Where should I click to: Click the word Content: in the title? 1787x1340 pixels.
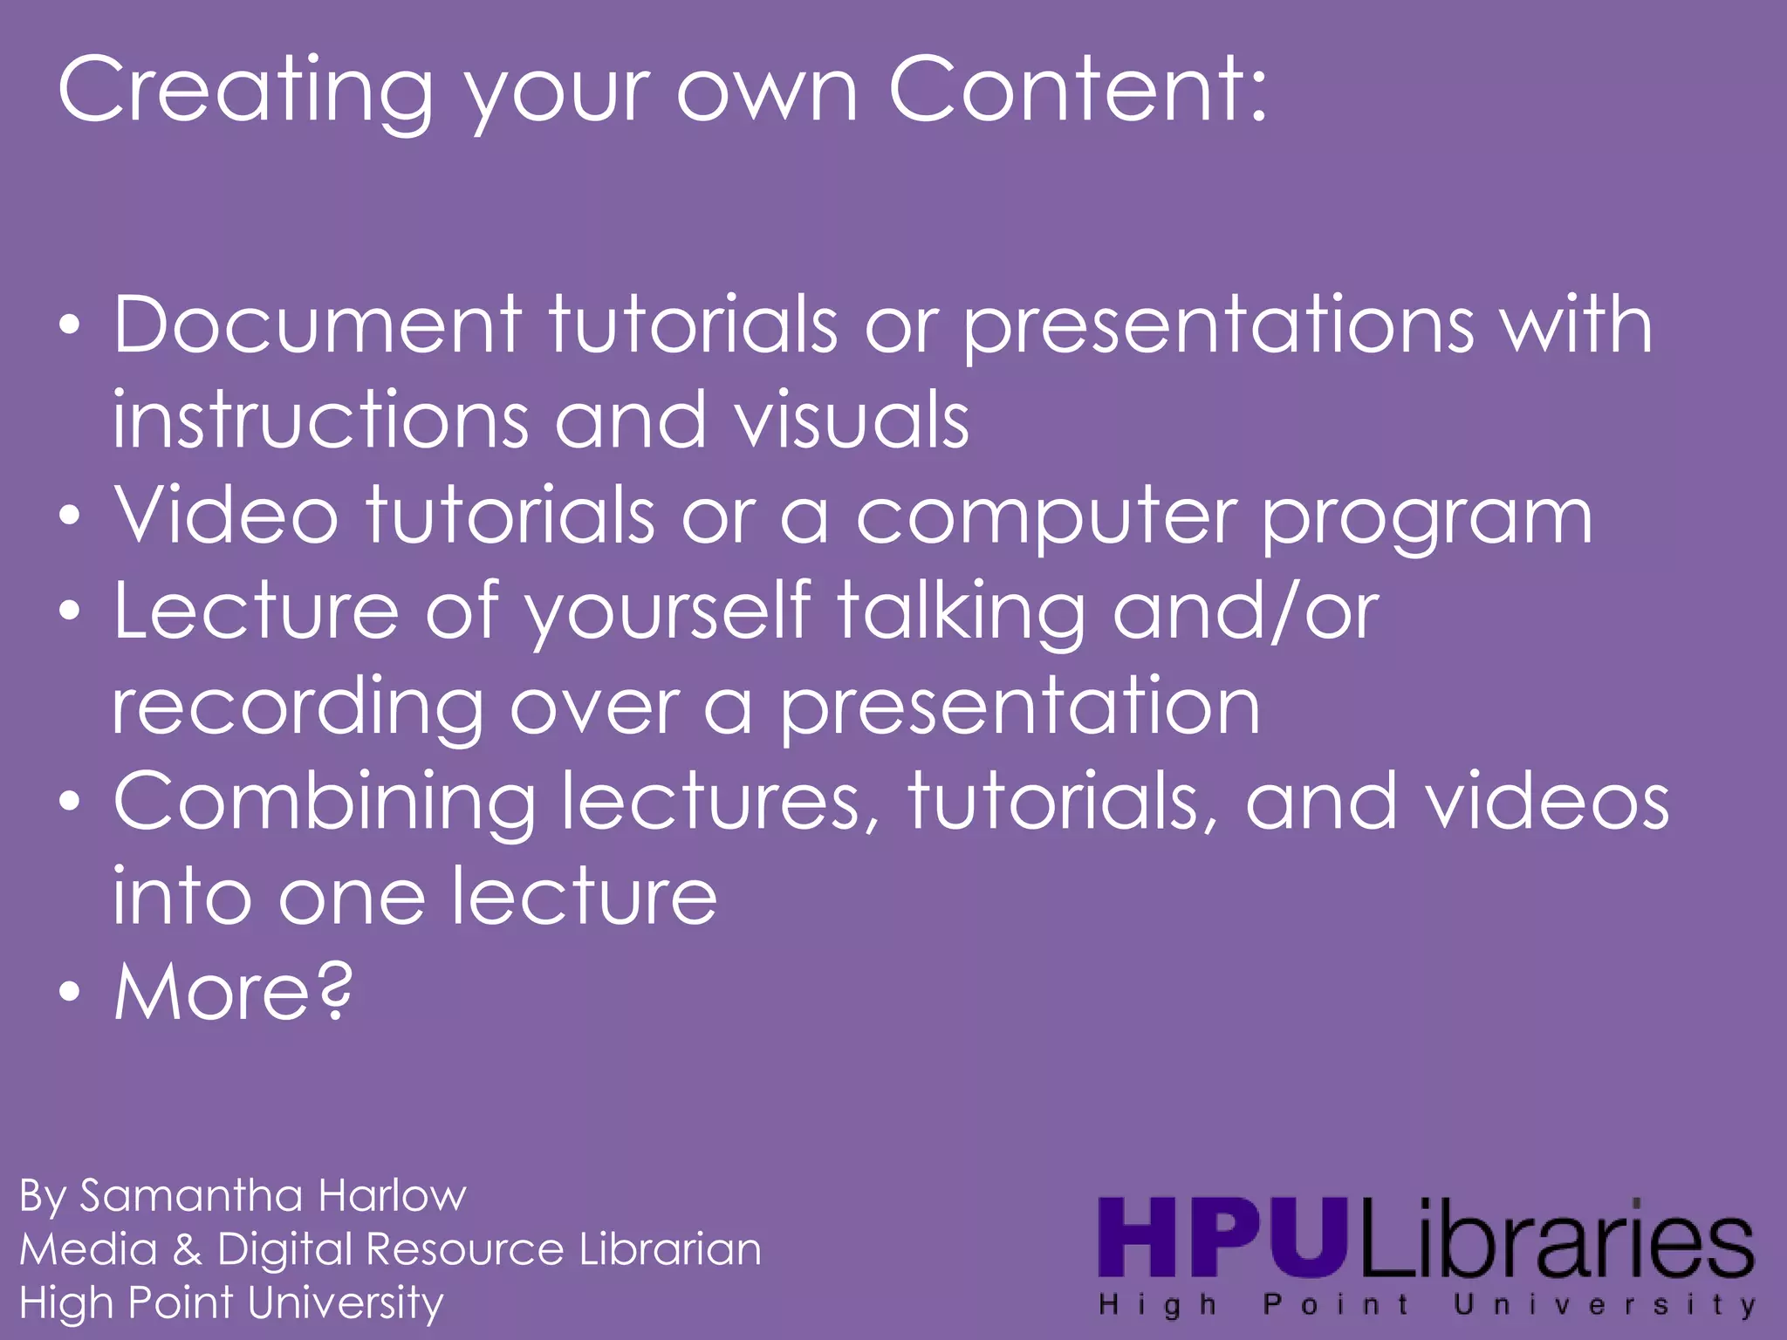click(x=1078, y=90)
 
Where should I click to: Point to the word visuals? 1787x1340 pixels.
click(x=852, y=420)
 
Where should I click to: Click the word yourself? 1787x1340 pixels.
click(x=668, y=612)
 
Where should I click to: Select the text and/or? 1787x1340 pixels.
click(x=1245, y=612)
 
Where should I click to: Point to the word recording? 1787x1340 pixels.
click(x=298, y=709)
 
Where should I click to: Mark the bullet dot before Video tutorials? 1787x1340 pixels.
click(x=71, y=516)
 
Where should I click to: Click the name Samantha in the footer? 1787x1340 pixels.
click(x=191, y=1195)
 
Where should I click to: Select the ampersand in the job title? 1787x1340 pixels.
click(x=187, y=1249)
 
